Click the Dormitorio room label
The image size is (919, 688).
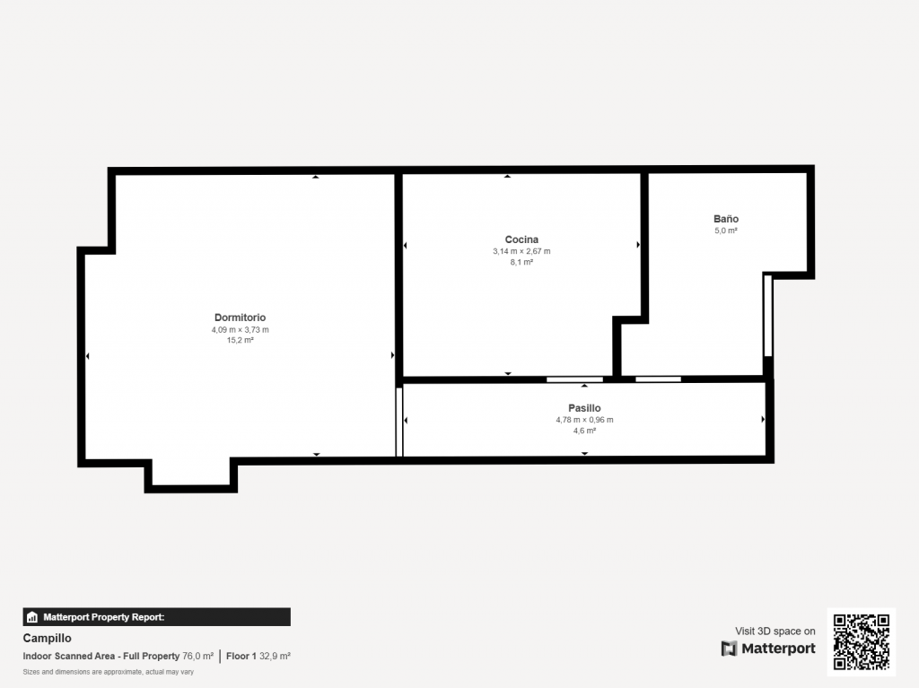pos(240,318)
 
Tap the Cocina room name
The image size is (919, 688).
pos(521,239)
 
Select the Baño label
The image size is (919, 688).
pos(725,219)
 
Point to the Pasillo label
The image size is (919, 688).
pos(584,408)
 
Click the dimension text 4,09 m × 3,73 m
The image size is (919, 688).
pos(241,330)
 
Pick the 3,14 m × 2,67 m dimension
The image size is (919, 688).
pos(521,251)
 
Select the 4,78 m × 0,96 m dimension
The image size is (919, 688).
pos(584,420)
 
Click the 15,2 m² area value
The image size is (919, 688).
pos(241,340)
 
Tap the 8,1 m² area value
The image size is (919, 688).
pos(521,262)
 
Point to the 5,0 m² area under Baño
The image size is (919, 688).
pos(725,231)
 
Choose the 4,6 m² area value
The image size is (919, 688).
pos(584,431)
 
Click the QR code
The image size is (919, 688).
pos(861,641)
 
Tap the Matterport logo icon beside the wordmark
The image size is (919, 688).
pos(729,649)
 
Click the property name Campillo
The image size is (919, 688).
pos(47,638)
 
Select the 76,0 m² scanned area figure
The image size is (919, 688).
pos(198,657)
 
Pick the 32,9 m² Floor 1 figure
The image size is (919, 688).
pos(275,657)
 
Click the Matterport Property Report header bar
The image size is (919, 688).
pos(156,617)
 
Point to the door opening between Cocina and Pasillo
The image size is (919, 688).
pos(574,379)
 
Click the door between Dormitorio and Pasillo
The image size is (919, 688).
pos(399,422)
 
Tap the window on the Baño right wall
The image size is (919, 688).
pos(768,316)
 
